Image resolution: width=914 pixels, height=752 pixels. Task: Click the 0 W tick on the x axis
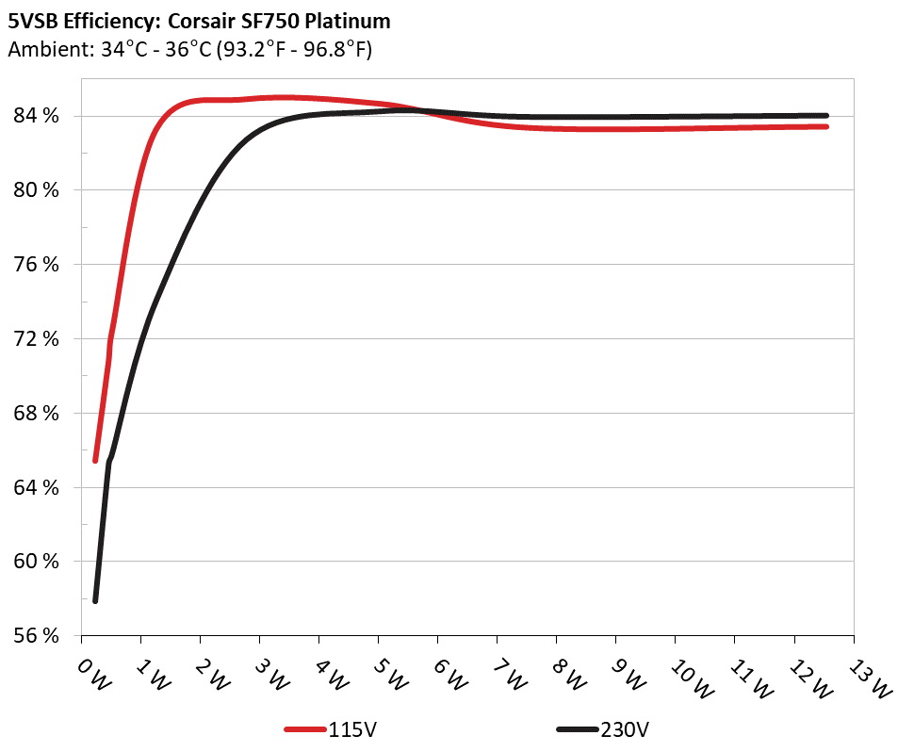pos(92,675)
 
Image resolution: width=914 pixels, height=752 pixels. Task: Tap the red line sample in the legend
pos(305,729)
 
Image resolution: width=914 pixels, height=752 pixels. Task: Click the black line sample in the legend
pos(577,729)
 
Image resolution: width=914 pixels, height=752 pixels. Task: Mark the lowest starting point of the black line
pos(95,600)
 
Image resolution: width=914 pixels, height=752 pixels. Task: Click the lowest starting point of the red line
pos(95,460)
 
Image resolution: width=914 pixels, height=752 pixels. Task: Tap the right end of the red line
pos(825,126)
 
